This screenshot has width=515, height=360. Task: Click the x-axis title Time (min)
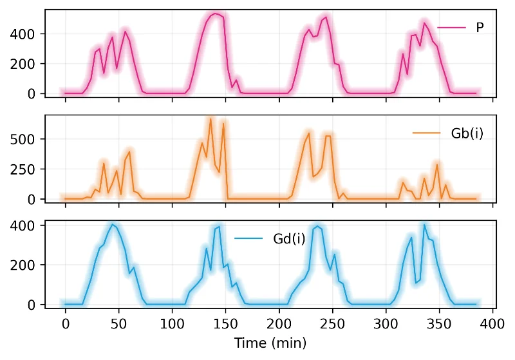click(270, 342)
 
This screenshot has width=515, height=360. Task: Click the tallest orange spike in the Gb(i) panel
click(211, 119)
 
